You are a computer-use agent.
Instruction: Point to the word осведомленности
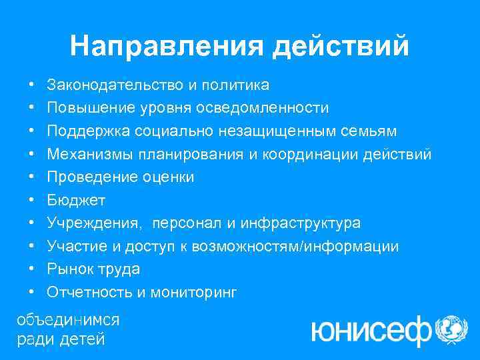(273, 108)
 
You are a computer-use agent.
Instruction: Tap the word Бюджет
(77, 201)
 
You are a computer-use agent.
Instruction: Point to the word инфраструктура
(306, 223)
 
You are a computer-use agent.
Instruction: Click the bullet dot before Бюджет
(32, 201)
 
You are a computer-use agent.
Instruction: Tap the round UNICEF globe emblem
(451, 329)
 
